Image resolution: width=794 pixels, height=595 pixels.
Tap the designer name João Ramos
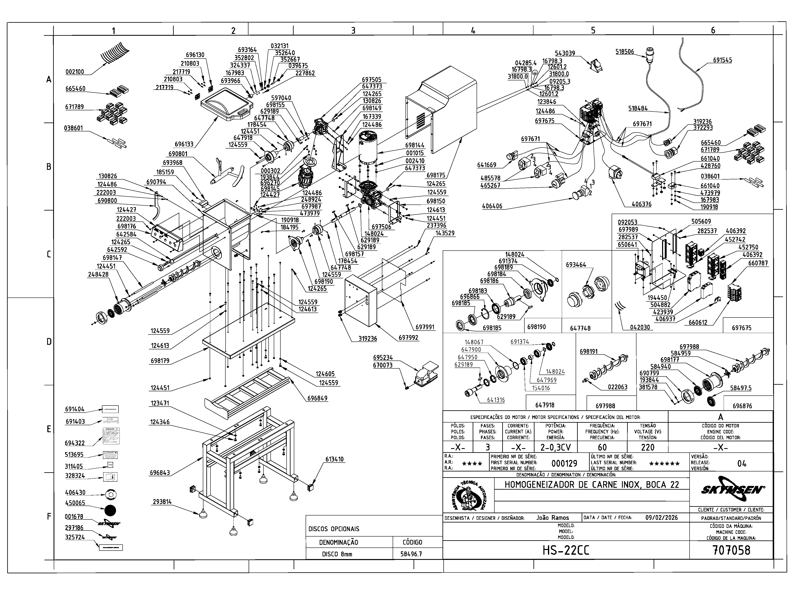pos(552,518)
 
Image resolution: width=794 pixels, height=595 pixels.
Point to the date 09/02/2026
pos(661,518)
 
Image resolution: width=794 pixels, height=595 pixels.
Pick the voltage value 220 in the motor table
pos(648,447)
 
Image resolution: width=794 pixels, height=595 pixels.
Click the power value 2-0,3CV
pos(555,447)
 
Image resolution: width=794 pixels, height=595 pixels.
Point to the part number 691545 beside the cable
pos(722,60)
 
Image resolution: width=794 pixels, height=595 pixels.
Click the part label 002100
pos(75,72)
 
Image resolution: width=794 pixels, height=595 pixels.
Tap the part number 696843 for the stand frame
pos(160,473)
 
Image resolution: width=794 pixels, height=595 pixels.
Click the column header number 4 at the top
pos(473,31)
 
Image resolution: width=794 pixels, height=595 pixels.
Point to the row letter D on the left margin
pos(49,342)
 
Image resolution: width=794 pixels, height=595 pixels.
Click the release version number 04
pos(742,463)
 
